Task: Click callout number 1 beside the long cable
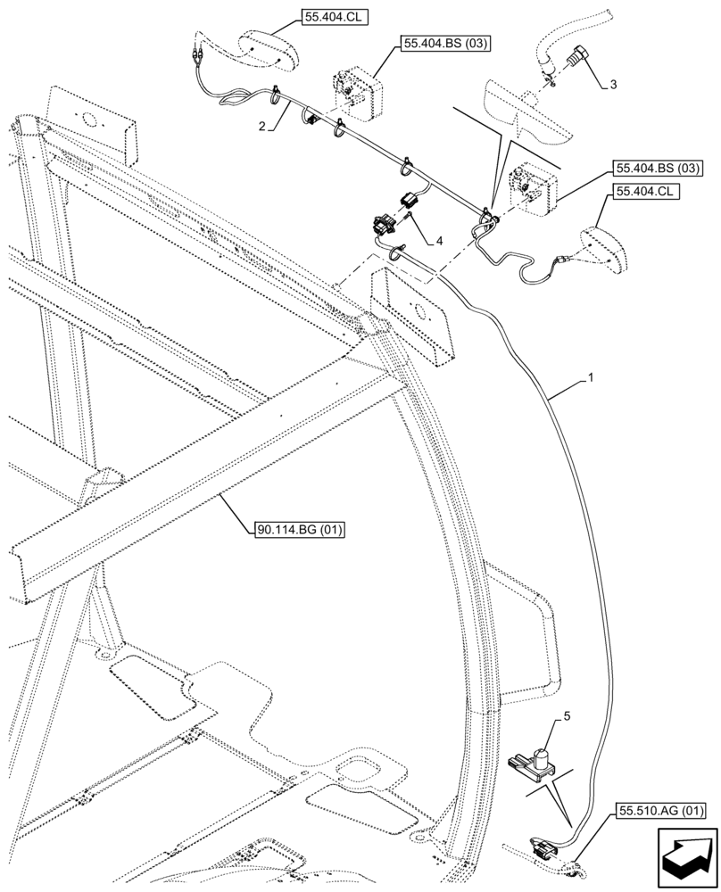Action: [590, 379]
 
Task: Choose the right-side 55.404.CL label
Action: [642, 192]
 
